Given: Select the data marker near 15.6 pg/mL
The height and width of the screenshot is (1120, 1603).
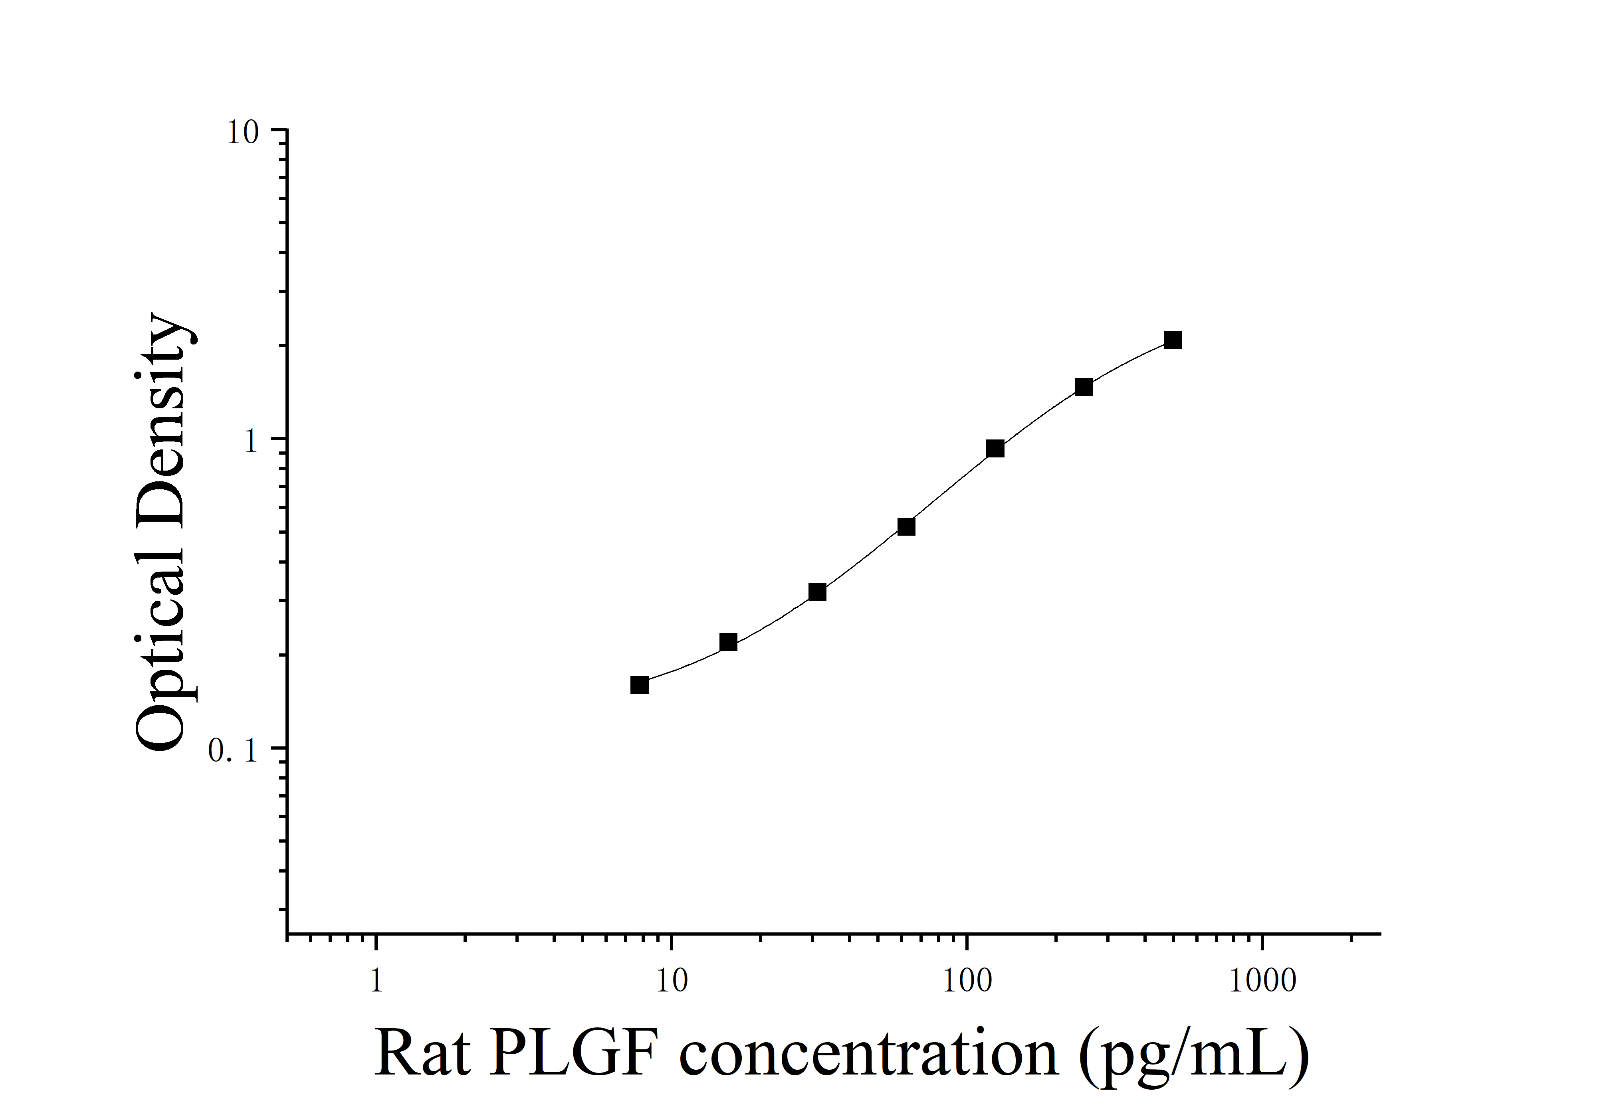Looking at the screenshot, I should click(x=728, y=642).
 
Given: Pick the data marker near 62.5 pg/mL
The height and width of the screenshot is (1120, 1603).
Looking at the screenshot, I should click(x=906, y=526).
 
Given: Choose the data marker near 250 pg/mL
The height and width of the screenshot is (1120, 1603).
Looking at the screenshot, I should click(x=1084, y=387).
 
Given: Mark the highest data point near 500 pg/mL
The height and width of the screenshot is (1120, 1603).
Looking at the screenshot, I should click(x=1174, y=340).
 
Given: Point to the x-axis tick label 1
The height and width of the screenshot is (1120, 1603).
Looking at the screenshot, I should click(x=376, y=981).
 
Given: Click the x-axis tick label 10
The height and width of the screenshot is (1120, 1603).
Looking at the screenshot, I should click(x=672, y=981).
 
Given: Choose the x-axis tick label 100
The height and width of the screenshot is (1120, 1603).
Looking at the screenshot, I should click(x=967, y=981).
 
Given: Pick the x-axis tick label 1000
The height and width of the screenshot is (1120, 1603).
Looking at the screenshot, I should click(x=1262, y=981).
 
